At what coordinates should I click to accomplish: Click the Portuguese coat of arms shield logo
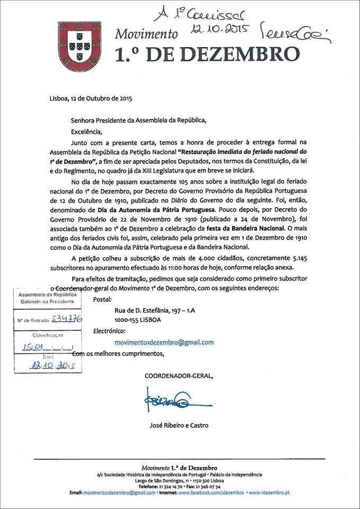(x=80, y=46)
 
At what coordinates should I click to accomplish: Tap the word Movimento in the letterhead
(x=146, y=35)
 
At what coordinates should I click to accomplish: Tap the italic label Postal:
(x=102, y=300)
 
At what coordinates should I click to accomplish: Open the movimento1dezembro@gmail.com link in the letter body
(x=164, y=343)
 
